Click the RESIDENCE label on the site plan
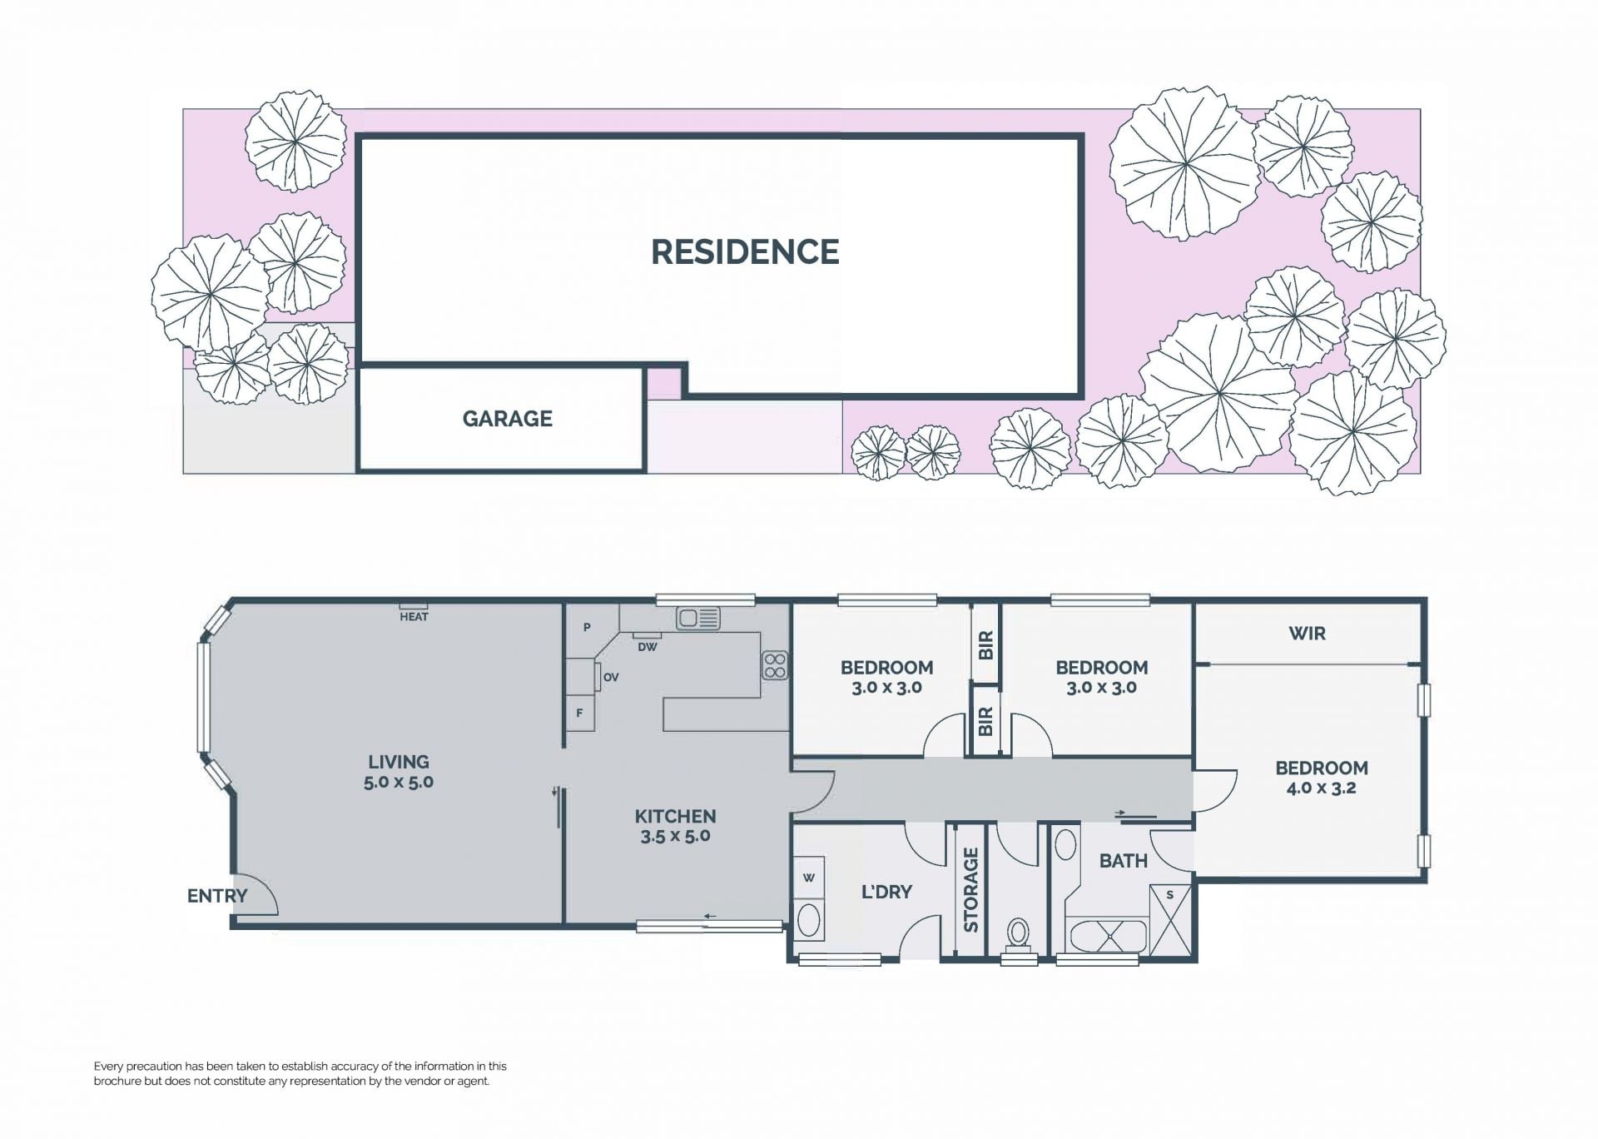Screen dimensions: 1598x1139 click(745, 252)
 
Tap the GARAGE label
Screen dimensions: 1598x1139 click(508, 419)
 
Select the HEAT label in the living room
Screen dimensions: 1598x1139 click(414, 617)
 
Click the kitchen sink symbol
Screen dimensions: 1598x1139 click(698, 618)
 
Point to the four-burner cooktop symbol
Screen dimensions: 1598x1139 click(775, 665)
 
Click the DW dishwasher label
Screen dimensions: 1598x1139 click(647, 647)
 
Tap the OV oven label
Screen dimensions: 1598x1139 click(611, 678)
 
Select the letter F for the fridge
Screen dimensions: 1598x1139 click(580, 714)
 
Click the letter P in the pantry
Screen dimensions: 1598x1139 click(587, 627)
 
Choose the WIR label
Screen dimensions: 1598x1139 click(1307, 634)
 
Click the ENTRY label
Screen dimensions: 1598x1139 click(217, 896)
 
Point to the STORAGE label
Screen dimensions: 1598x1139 click(970, 889)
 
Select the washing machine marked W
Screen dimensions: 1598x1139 click(809, 878)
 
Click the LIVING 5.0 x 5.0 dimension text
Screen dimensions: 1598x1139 click(399, 772)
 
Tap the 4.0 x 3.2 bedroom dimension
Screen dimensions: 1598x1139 click(1321, 788)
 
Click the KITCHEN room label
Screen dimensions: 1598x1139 click(675, 817)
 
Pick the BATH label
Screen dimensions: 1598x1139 click(1124, 861)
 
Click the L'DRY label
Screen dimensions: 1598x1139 click(886, 892)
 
